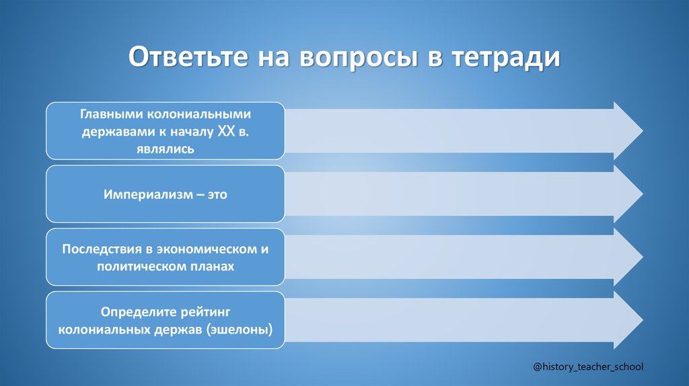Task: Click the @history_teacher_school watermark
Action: click(587, 366)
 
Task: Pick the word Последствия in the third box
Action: click(101, 249)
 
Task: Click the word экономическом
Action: click(207, 249)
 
